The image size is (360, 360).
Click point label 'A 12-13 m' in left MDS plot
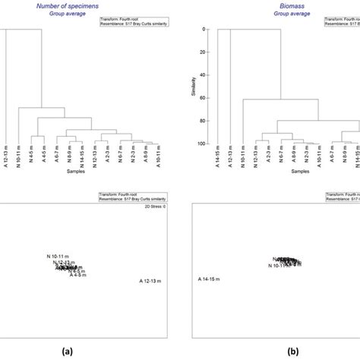coord(153,281)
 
